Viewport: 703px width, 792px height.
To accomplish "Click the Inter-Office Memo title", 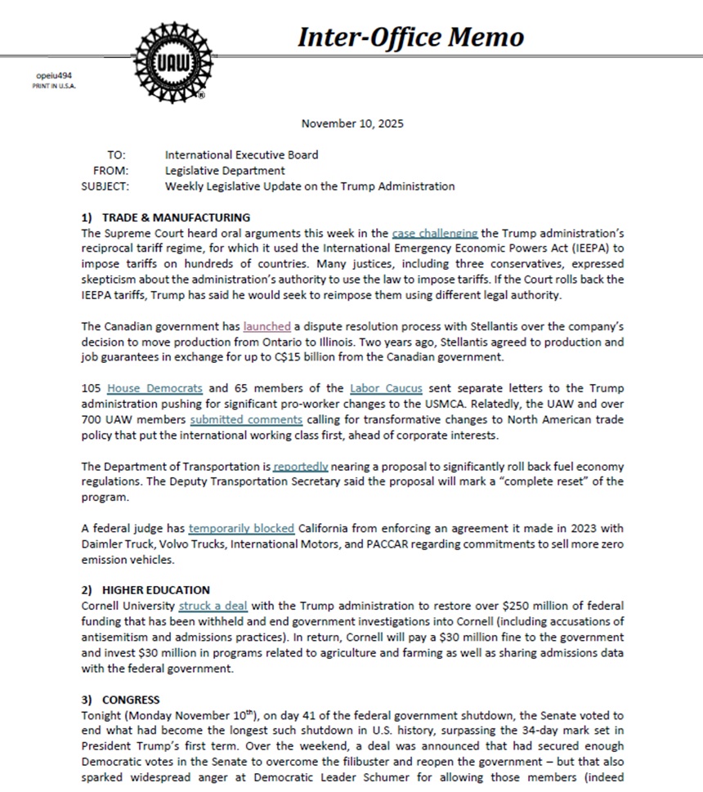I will [x=410, y=37].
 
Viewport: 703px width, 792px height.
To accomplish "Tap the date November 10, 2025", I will [x=352, y=123].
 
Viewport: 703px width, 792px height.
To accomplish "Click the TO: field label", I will [x=116, y=154].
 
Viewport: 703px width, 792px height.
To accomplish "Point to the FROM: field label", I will [x=110, y=170].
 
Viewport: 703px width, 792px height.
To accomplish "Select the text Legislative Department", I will [x=225, y=170].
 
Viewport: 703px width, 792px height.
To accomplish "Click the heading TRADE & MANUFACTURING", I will [x=176, y=217].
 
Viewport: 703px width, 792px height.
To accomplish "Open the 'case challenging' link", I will [x=434, y=233].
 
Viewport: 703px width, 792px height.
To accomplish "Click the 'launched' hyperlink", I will [x=266, y=326].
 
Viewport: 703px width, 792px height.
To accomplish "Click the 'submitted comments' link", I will [x=246, y=419].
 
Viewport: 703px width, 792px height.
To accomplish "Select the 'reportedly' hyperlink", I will [x=301, y=466].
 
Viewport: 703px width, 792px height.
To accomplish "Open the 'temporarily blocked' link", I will [x=241, y=528].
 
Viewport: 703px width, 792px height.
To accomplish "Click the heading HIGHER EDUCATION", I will [x=155, y=589].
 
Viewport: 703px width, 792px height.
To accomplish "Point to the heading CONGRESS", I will [x=131, y=700].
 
